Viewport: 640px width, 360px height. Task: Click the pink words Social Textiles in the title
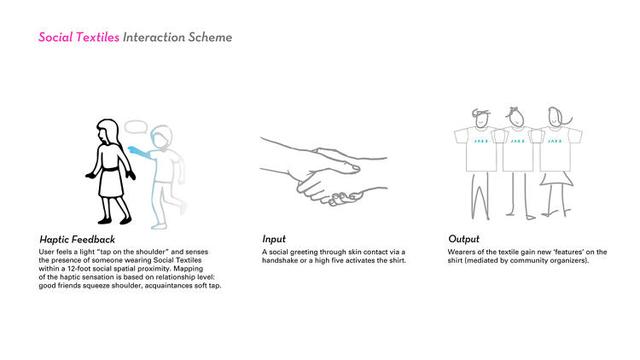(x=79, y=37)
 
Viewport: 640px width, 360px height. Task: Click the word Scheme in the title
(x=210, y=37)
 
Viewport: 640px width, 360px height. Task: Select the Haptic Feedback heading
(x=77, y=240)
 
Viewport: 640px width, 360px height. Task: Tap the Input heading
(x=274, y=239)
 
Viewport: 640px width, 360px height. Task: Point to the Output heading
(x=464, y=239)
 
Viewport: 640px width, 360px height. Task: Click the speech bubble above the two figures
(x=136, y=127)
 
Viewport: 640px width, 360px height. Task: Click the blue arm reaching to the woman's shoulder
(x=140, y=152)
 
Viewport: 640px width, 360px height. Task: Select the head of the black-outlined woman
(x=107, y=132)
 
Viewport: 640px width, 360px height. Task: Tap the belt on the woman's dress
(x=109, y=169)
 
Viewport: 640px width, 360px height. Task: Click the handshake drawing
(x=323, y=171)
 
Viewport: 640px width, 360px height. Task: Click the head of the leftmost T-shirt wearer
(x=481, y=118)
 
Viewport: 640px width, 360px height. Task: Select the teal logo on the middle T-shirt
(x=517, y=141)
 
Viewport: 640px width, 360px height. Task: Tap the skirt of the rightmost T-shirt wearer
(x=557, y=179)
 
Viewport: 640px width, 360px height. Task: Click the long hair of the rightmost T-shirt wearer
(x=563, y=117)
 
